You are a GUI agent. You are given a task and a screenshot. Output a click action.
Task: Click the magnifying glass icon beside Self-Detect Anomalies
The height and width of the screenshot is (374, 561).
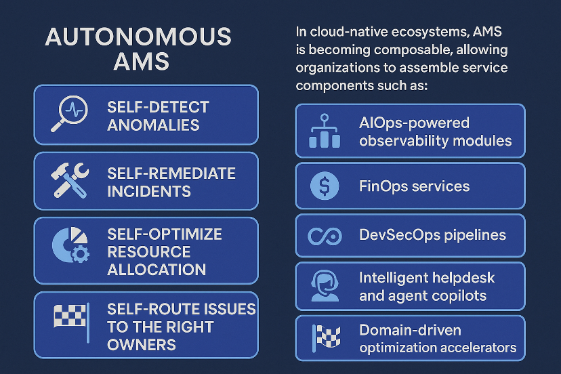click(68, 114)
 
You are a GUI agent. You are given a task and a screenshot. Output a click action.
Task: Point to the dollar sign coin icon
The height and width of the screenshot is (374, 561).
click(324, 186)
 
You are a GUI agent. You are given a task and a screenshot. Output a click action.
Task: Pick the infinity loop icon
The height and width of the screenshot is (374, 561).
click(324, 236)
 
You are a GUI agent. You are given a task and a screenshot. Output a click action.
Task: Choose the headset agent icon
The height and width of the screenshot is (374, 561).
click(324, 285)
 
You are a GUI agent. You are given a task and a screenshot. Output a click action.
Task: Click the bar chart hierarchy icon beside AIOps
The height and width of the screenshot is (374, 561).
click(323, 131)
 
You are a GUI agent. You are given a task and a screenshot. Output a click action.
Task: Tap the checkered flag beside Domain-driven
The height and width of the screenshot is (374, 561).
click(324, 337)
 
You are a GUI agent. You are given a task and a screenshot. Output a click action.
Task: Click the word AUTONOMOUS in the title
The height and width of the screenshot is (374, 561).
click(138, 37)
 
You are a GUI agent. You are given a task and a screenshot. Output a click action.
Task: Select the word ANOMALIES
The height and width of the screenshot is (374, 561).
click(153, 125)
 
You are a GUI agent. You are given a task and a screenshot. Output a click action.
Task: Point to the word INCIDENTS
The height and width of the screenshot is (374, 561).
click(148, 191)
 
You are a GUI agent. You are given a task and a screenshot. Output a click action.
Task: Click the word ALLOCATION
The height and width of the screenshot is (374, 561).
click(157, 269)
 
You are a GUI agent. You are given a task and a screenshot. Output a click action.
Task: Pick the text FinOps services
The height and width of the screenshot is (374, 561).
click(414, 186)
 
